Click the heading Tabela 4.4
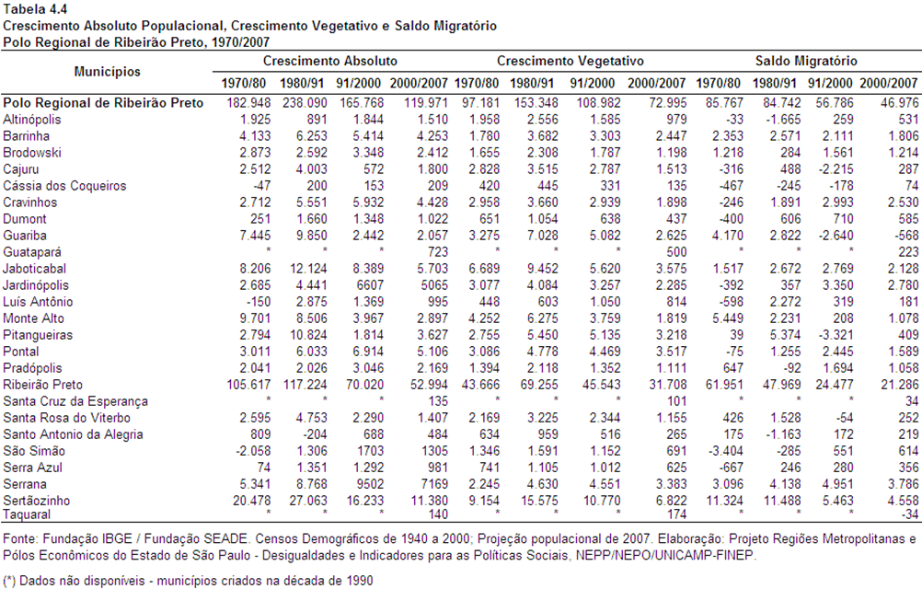coord(35,9)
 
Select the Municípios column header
coord(107,72)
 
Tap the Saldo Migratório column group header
coord(806,61)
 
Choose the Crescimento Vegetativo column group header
coord(570,61)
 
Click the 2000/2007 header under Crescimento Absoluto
coord(419,84)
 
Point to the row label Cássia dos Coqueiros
coord(64,186)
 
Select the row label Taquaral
coord(27,514)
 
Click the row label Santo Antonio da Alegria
coord(73,434)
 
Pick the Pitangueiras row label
coord(38,335)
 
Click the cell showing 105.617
coord(248,385)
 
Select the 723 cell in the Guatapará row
coord(437,252)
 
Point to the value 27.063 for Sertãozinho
coord(307,501)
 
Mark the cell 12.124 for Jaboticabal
coord(308,269)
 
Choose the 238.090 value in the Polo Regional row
coord(305,103)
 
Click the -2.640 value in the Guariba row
coord(834,236)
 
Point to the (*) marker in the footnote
coord(9,581)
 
